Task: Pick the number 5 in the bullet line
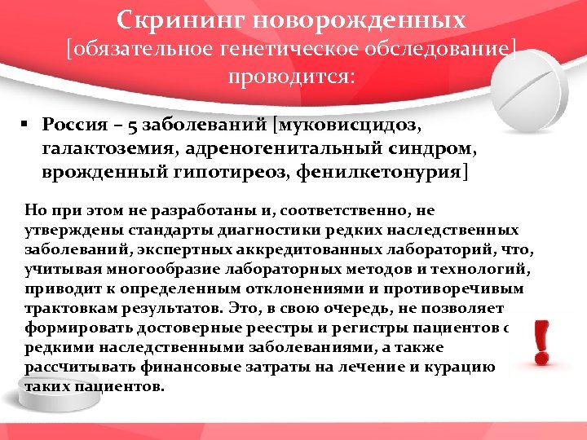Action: click(x=133, y=125)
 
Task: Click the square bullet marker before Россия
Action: click(x=26, y=125)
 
